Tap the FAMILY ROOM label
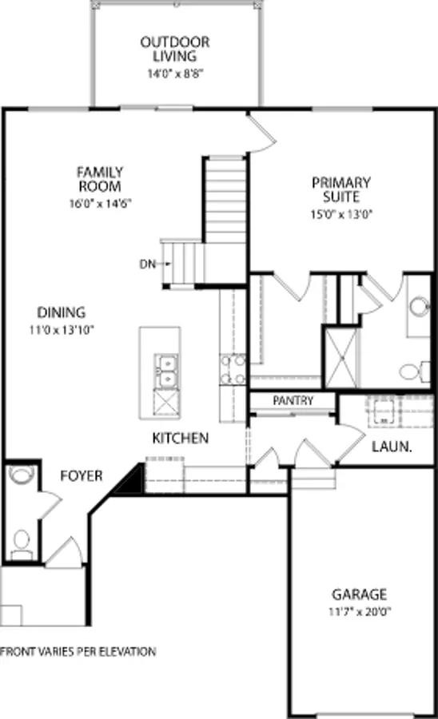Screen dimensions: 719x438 pyautogui.click(x=100, y=179)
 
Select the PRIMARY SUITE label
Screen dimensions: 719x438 pyautogui.click(x=341, y=189)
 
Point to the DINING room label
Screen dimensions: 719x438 pyautogui.click(x=61, y=313)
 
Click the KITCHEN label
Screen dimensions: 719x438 pyautogui.click(x=181, y=438)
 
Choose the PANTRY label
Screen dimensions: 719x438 pyautogui.click(x=293, y=401)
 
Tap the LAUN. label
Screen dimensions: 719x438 pyautogui.click(x=392, y=447)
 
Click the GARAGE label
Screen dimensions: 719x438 pyautogui.click(x=359, y=594)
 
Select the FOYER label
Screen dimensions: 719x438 pyautogui.click(x=82, y=476)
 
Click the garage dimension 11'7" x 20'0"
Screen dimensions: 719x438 pyautogui.click(x=359, y=614)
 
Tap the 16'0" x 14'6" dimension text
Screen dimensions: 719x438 pyautogui.click(x=100, y=204)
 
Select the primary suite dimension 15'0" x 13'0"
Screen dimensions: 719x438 pyautogui.click(x=341, y=213)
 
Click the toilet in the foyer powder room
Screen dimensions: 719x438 pyautogui.click(x=21, y=542)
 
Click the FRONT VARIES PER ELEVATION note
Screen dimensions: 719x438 pyautogui.click(x=78, y=652)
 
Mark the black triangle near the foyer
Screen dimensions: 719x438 pyautogui.click(x=129, y=482)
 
